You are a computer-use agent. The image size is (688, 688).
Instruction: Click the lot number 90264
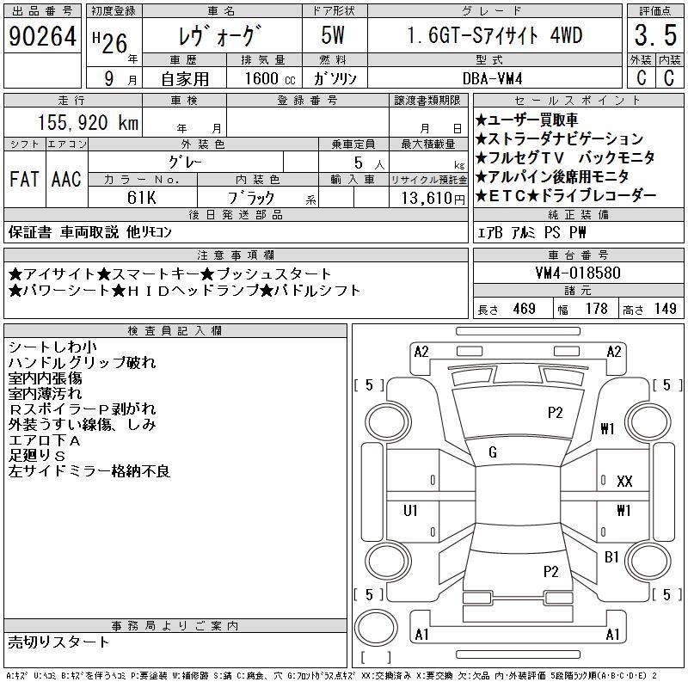(x=42, y=37)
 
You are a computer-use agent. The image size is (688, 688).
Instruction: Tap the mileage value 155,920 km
(x=86, y=123)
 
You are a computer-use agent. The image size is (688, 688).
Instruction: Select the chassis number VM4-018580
(x=577, y=273)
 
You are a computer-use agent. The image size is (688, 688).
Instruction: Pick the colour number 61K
(x=141, y=197)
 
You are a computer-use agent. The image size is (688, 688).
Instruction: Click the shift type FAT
(x=24, y=180)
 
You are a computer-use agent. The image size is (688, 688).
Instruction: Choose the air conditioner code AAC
(x=66, y=180)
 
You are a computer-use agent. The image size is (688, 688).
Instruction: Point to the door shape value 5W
(x=335, y=37)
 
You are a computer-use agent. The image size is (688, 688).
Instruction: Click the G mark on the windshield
(x=493, y=452)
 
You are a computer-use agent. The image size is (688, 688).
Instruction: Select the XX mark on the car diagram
(x=624, y=482)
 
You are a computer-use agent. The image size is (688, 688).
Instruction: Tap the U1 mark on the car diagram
(x=411, y=511)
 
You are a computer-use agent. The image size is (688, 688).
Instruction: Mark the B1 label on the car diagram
(x=611, y=557)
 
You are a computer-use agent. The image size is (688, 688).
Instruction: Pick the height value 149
(x=664, y=309)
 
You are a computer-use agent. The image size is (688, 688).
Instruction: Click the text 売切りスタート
(x=59, y=642)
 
